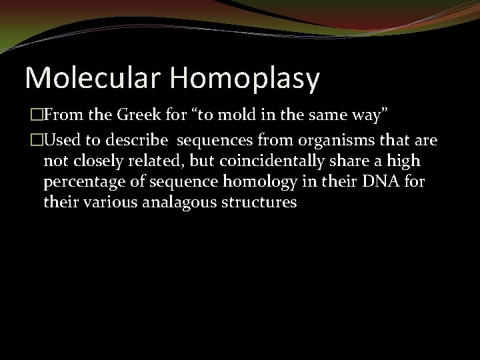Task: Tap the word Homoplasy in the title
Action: tap(247, 79)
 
